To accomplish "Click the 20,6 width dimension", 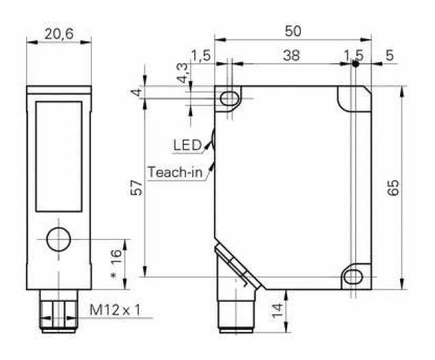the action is tap(59, 34).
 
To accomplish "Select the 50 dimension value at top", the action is tap(293, 31).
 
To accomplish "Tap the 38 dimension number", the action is tap(291, 55).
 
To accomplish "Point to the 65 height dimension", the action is tap(394, 188).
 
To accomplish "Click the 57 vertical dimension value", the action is tap(137, 188).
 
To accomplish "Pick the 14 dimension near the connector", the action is tap(277, 311).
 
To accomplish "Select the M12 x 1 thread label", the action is tap(115, 310).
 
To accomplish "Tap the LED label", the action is tap(187, 145).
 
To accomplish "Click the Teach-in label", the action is tap(175, 172).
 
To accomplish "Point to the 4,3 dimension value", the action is tap(183, 73).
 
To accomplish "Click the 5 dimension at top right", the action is tap(390, 55).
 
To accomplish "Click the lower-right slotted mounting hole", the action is tap(353, 277).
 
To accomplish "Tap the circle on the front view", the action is tap(59, 240).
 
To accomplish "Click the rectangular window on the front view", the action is tap(59, 157).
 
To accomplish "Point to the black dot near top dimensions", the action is tap(355, 64).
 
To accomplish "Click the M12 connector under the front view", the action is tap(59, 311).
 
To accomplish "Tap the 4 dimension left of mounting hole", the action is tap(137, 92).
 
